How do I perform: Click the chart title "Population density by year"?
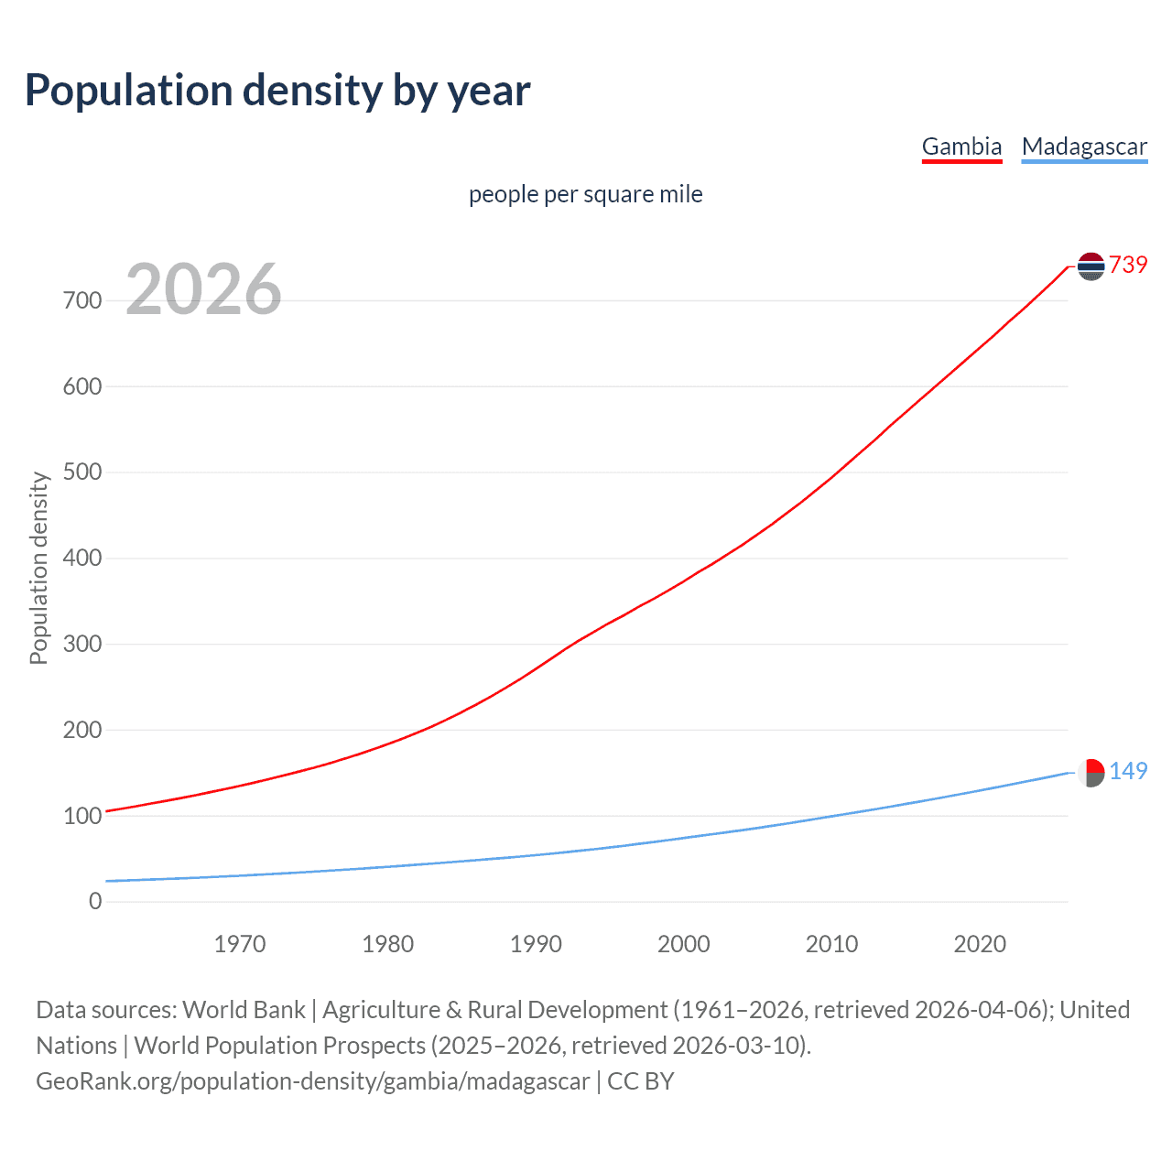pyautogui.click(x=277, y=90)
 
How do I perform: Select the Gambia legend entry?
pyautogui.click(x=961, y=146)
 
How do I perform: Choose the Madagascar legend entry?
pyautogui.click(x=1084, y=146)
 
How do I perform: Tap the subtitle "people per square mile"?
pyautogui.click(x=585, y=194)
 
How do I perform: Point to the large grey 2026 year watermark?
pyautogui.click(x=203, y=289)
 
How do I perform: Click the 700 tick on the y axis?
pyautogui.click(x=82, y=300)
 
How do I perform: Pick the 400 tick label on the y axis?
pyautogui.click(x=82, y=558)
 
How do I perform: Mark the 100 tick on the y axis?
pyautogui.click(x=82, y=816)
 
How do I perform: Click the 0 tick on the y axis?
pyautogui.click(x=95, y=901)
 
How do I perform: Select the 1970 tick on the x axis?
pyautogui.click(x=240, y=944)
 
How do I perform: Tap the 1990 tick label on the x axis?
pyautogui.click(x=536, y=944)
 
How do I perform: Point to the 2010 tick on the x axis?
pyautogui.click(x=831, y=944)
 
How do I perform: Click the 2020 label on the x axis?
pyautogui.click(x=980, y=944)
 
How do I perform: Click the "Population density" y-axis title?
pyautogui.click(x=38, y=568)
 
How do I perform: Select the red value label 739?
pyautogui.click(x=1128, y=265)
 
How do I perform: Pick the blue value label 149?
pyautogui.click(x=1128, y=771)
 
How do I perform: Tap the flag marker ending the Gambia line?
pyautogui.click(x=1091, y=266)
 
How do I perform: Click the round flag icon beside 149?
pyautogui.click(x=1091, y=773)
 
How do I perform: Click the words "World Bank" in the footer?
pyautogui.click(x=244, y=1010)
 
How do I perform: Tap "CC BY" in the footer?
pyautogui.click(x=641, y=1081)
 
